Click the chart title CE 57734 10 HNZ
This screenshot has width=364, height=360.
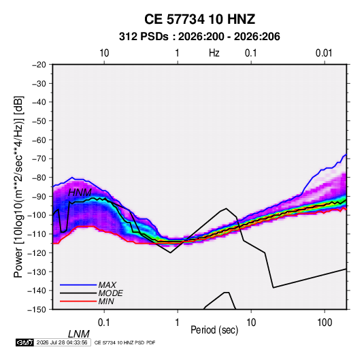coord(199,19)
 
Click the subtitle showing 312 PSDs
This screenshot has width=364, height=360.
coord(199,37)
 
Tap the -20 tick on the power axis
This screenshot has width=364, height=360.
coord(39,65)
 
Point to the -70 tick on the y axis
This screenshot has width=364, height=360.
coord(39,159)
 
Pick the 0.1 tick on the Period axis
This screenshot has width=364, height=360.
coord(103,323)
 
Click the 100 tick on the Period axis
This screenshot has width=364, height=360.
coord(324,323)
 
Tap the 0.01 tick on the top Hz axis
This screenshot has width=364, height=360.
coord(324,53)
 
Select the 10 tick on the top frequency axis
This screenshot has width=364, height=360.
coord(104,53)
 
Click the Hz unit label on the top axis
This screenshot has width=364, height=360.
coord(214,53)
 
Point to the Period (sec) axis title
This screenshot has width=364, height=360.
coord(214,330)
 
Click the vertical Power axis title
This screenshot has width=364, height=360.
coord(18,187)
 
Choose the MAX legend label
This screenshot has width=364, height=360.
coord(107,285)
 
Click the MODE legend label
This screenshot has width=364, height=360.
coord(110,293)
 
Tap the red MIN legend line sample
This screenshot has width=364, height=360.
coord(78,301)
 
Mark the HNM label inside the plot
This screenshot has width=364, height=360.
coord(80,193)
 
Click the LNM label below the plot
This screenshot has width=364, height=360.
coord(79,334)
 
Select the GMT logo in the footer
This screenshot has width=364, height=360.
coord(25,342)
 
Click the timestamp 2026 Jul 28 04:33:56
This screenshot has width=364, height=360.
coord(62,342)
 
